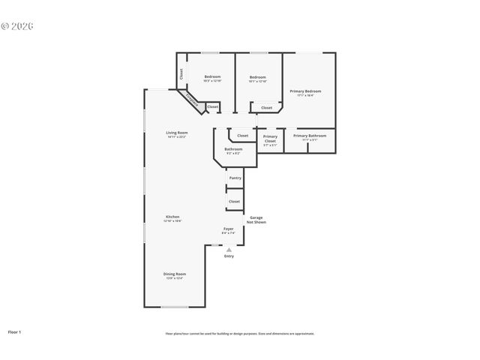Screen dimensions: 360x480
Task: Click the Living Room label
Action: point(176,133)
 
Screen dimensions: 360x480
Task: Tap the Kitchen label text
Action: point(172,217)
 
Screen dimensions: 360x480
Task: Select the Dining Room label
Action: point(175,274)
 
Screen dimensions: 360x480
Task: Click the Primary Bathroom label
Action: point(310,136)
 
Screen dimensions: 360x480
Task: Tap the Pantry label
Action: point(235,178)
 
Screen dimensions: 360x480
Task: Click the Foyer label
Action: point(229,229)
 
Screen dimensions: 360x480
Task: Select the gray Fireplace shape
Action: point(191,100)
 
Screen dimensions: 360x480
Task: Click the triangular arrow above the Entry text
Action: point(229,250)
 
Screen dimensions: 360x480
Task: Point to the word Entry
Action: point(229,256)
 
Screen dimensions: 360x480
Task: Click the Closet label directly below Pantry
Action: point(234,201)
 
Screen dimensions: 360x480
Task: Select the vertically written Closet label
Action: point(181,75)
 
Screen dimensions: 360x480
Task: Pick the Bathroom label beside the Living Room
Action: point(232,149)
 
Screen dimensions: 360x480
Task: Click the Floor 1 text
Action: point(15,331)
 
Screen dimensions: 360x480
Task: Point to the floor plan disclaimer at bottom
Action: point(239,334)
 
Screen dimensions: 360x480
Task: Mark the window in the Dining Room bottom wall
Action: point(175,307)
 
